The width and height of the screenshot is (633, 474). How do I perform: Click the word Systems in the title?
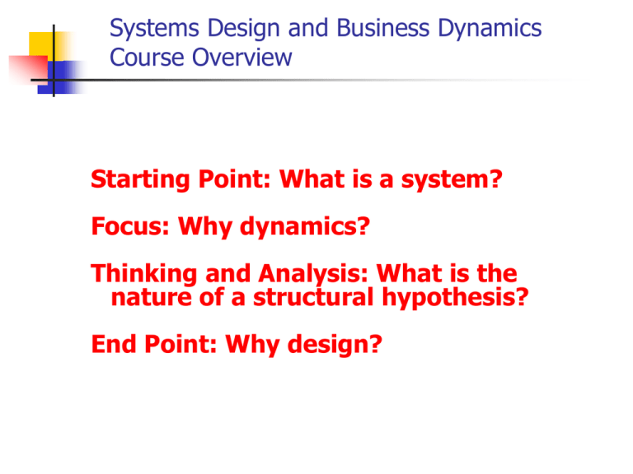[x=154, y=29]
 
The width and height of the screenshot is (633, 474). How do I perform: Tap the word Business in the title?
[x=382, y=28]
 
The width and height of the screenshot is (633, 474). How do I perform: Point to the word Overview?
[x=241, y=58]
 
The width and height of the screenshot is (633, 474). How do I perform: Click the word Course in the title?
[x=147, y=58]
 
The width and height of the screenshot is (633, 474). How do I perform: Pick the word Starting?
[x=140, y=180]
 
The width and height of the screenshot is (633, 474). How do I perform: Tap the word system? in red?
[x=452, y=179]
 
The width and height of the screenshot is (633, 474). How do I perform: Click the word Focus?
[x=130, y=226]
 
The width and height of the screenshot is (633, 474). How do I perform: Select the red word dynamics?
[x=305, y=227]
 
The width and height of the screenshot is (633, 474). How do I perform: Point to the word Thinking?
[x=144, y=274]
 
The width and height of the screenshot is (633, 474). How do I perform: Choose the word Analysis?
[x=313, y=274]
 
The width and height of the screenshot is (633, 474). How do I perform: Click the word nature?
[x=151, y=298]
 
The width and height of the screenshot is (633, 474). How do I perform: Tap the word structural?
[x=313, y=297]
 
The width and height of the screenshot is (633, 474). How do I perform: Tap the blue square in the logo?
[x=60, y=77]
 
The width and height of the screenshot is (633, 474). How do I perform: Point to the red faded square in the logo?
[x=28, y=69]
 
